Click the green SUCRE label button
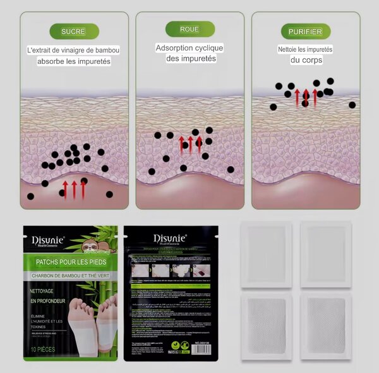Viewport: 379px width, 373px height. pyautogui.click(x=74, y=31)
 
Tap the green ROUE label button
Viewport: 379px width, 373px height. pyautogui.click(x=189, y=29)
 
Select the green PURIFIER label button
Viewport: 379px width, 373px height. pyautogui.click(x=305, y=31)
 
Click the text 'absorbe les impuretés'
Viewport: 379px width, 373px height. pyautogui.click(x=74, y=61)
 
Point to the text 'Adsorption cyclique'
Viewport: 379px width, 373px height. pyautogui.click(x=189, y=48)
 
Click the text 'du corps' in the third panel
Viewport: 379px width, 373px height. pyautogui.click(x=305, y=60)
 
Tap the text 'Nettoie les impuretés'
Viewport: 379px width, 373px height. pyautogui.click(x=305, y=49)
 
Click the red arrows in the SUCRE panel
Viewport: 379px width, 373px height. pyautogui.click(x=74, y=188)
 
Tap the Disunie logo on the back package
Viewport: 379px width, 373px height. pyautogui.click(x=171, y=238)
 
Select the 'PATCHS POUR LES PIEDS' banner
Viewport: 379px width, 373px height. pyautogui.click(x=70, y=262)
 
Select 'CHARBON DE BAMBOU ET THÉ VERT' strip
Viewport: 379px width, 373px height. pyautogui.click(x=70, y=276)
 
